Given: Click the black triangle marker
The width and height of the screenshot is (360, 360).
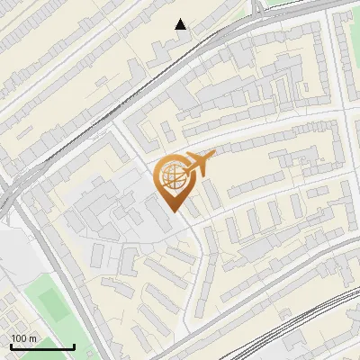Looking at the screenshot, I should pyautogui.click(x=181, y=24).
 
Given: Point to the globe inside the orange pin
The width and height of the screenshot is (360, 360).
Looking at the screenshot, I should pyautogui.click(x=171, y=176).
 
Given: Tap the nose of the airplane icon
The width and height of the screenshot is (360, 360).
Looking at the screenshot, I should pyautogui.click(x=214, y=155).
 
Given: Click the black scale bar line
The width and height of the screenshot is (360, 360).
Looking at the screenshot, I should pyautogui.click(x=42, y=347).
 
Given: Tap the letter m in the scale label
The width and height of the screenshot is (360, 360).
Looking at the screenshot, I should pyautogui.click(x=33, y=338).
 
